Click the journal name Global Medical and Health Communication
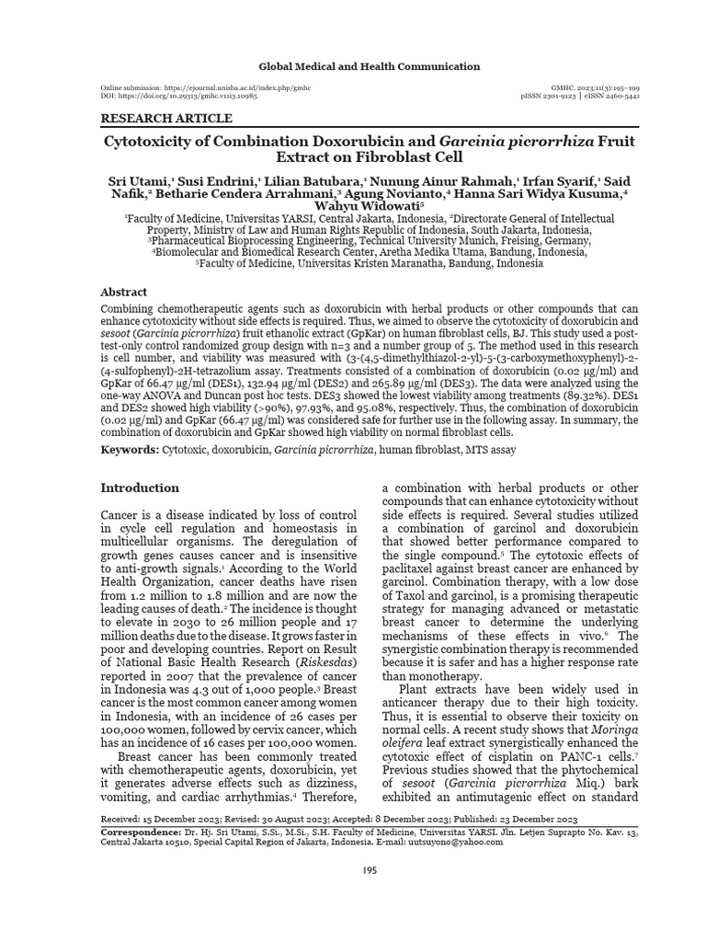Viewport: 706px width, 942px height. pos(369,66)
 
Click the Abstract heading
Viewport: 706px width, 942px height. pos(123,292)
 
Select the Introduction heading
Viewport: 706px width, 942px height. pos(140,488)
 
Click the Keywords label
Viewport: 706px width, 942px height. pos(129,450)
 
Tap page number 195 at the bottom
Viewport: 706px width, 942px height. pos(368,870)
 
